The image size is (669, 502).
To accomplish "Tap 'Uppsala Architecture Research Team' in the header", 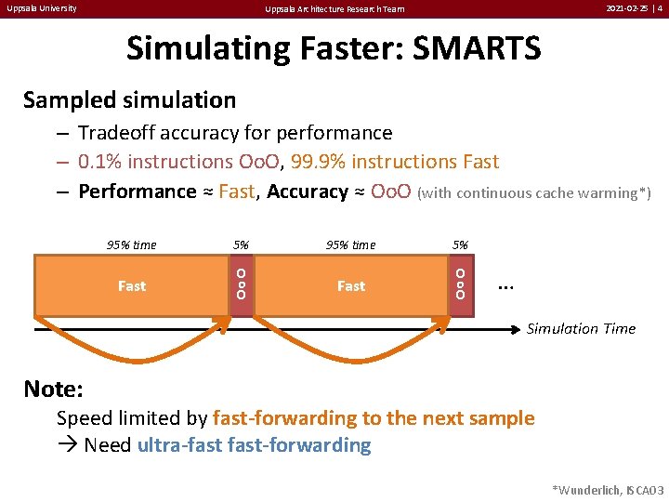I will tap(334, 9).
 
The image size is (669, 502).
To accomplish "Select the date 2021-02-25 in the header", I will tap(626, 8).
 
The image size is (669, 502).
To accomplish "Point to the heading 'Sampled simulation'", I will tap(129, 99).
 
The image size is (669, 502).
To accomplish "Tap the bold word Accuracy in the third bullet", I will tap(307, 192).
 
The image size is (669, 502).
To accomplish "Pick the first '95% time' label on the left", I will tap(131, 245).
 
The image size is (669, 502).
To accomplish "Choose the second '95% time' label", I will tap(350, 245).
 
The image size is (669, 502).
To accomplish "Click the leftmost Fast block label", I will tap(131, 286).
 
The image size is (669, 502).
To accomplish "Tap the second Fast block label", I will tap(350, 286).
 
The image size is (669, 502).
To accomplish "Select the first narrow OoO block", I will tap(241, 284).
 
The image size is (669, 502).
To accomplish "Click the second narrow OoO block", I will tap(460, 284).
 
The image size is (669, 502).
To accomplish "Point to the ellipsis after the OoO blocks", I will tap(506, 285).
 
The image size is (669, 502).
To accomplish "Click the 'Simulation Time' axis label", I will tap(581, 328).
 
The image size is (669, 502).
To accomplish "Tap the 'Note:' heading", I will tap(53, 388).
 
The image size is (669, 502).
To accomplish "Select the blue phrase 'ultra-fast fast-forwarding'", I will tap(254, 445).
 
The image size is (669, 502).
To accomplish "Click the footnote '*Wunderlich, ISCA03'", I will tap(608, 489).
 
